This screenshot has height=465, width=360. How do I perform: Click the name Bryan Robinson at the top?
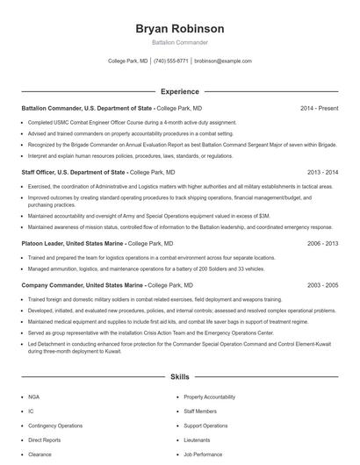(x=179, y=28)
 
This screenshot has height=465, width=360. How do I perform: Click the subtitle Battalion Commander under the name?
(x=179, y=42)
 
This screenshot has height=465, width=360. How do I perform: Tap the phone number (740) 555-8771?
(x=171, y=61)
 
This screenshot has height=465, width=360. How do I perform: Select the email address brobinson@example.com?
(x=223, y=61)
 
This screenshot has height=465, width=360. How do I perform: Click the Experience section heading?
(x=179, y=91)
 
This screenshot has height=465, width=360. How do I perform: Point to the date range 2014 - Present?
(x=319, y=108)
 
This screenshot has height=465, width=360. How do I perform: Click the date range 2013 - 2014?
(x=320, y=173)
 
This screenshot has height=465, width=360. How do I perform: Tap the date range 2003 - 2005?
(x=320, y=286)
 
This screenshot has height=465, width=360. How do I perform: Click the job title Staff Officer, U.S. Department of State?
(x=74, y=173)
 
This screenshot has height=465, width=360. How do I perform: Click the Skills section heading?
(x=179, y=377)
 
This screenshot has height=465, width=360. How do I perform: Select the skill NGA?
(x=32, y=397)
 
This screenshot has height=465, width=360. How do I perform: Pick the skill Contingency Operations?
(x=54, y=426)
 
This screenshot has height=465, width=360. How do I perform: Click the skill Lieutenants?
(x=197, y=440)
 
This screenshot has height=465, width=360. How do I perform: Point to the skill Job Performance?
(x=203, y=454)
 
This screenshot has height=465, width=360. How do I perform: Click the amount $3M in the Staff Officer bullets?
(x=264, y=215)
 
